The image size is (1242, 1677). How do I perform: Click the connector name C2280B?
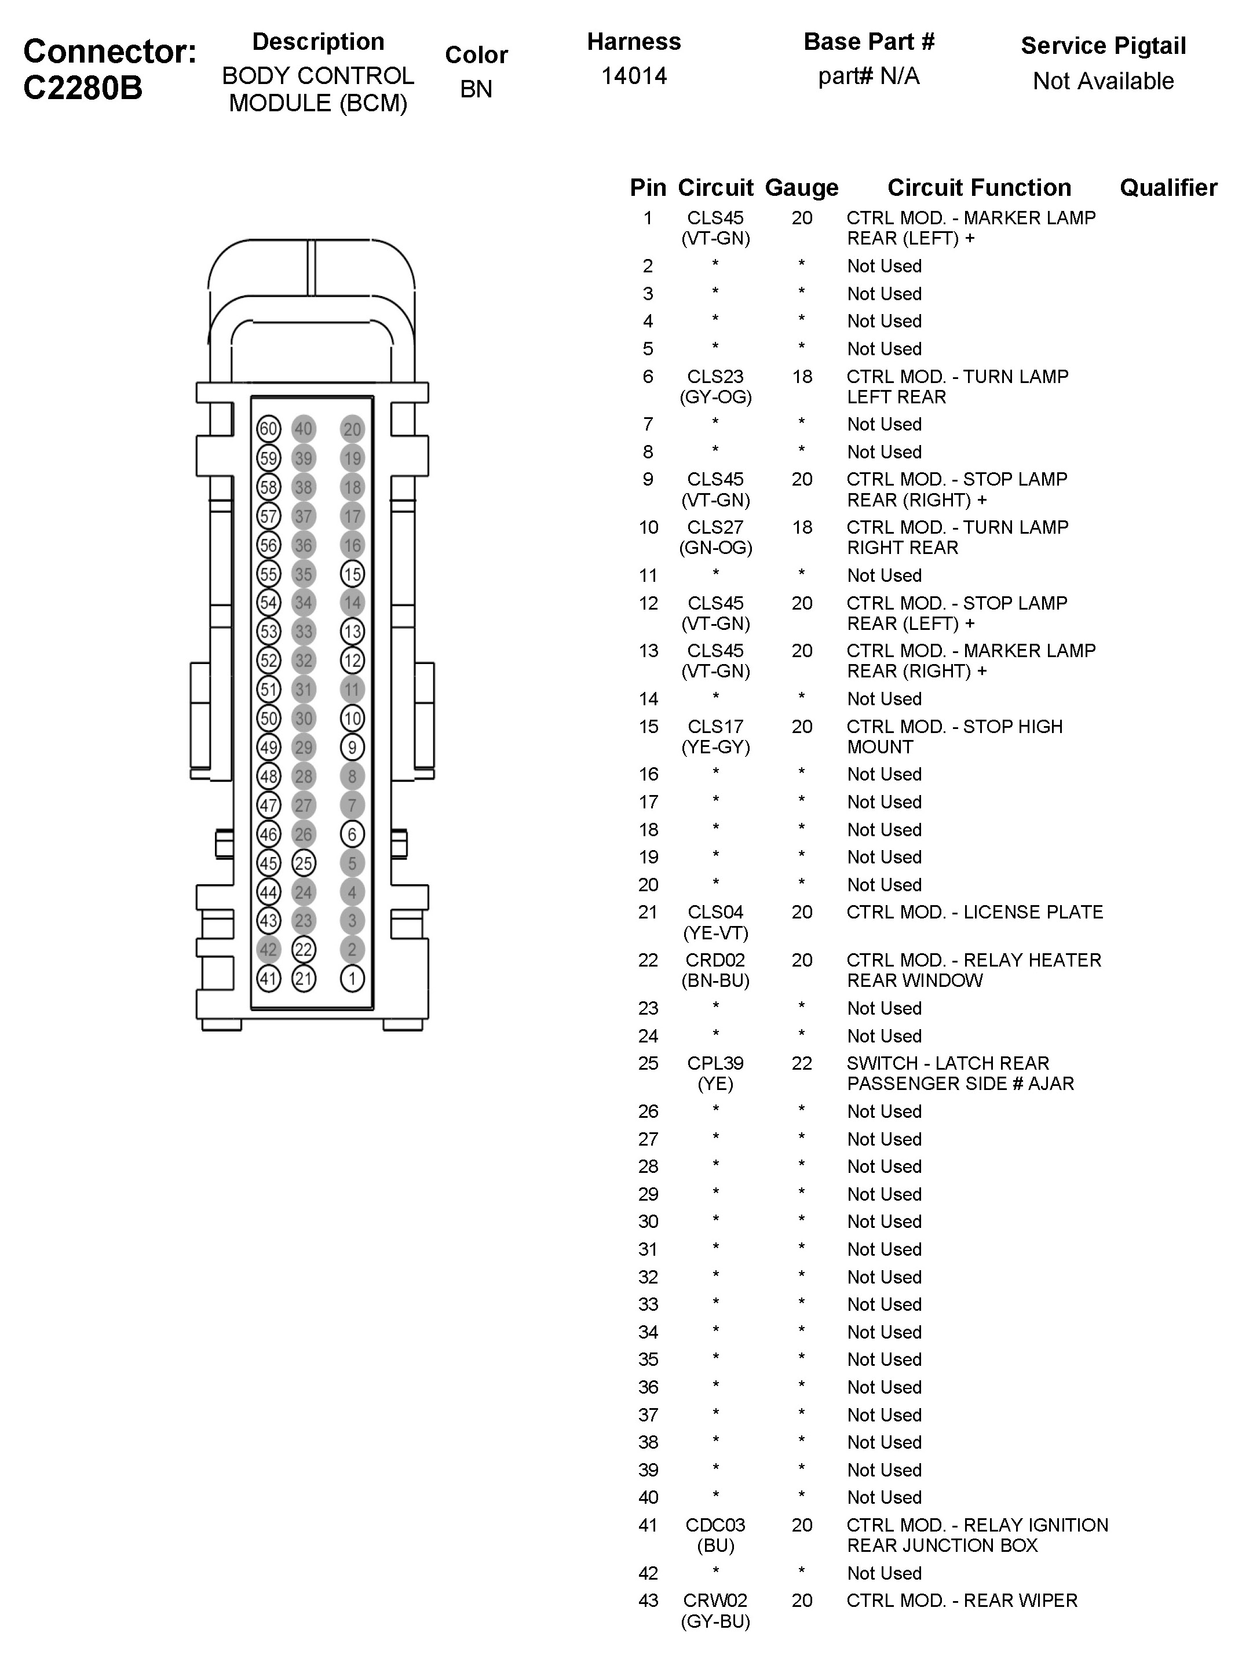pyautogui.click(x=83, y=89)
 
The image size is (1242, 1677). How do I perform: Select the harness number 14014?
pyautogui.click(x=634, y=76)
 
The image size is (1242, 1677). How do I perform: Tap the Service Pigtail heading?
pyautogui.click(x=1103, y=46)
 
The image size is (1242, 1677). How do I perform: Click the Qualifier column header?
pyautogui.click(x=1168, y=187)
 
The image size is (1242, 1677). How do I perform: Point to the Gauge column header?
pyautogui.click(x=801, y=187)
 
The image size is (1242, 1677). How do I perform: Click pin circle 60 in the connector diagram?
pyautogui.click(x=268, y=429)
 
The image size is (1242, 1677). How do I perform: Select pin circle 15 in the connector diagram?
pyautogui.click(x=352, y=574)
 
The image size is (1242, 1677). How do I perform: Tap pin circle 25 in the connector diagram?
pyautogui.click(x=303, y=863)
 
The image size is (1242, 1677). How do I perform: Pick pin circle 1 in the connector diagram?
pyautogui.click(x=352, y=978)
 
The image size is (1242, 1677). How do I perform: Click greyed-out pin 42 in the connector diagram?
pyautogui.click(x=268, y=949)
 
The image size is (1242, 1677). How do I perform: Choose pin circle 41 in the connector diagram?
pyautogui.click(x=268, y=978)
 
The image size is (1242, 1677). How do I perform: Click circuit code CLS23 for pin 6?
pyautogui.click(x=715, y=376)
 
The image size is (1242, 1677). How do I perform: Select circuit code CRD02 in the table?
pyautogui.click(x=715, y=960)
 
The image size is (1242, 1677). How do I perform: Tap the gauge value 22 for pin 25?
pyautogui.click(x=801, y=1063)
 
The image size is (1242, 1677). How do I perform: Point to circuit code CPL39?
pyautogui.click(x=715, y=1063)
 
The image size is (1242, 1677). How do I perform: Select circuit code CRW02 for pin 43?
pyautogui.click(x=715, y=1601)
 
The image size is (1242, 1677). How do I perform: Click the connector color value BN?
pyautogui.click(x=476, y=89)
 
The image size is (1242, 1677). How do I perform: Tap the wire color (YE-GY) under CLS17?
pyautogui.click(x=715, y=747)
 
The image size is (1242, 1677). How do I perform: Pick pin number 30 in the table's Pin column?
pyautogui.click(x=648, y=1222)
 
